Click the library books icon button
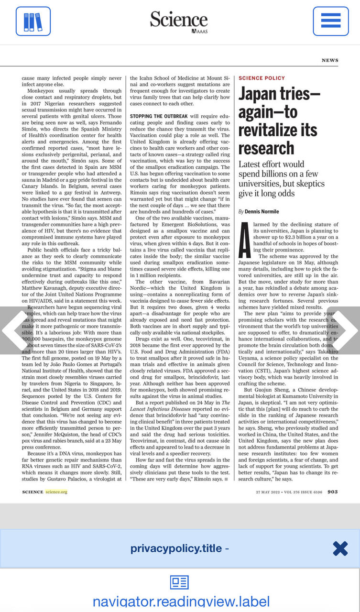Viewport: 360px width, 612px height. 33,22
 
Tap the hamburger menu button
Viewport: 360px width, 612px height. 331,22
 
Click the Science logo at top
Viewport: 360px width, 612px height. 179,21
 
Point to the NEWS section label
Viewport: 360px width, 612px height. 330,60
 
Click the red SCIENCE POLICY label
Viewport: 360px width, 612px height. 262,78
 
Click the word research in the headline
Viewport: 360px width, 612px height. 266,148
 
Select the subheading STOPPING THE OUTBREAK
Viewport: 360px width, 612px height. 159,116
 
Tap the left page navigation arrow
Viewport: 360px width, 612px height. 12,330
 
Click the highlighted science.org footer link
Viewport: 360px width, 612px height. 56,492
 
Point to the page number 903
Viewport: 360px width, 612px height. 333,492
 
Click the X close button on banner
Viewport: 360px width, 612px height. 340,548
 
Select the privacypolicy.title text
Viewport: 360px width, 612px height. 176,548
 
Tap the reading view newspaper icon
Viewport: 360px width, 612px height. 180,582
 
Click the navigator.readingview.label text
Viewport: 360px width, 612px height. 181,602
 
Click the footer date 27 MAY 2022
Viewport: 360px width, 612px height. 267,492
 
